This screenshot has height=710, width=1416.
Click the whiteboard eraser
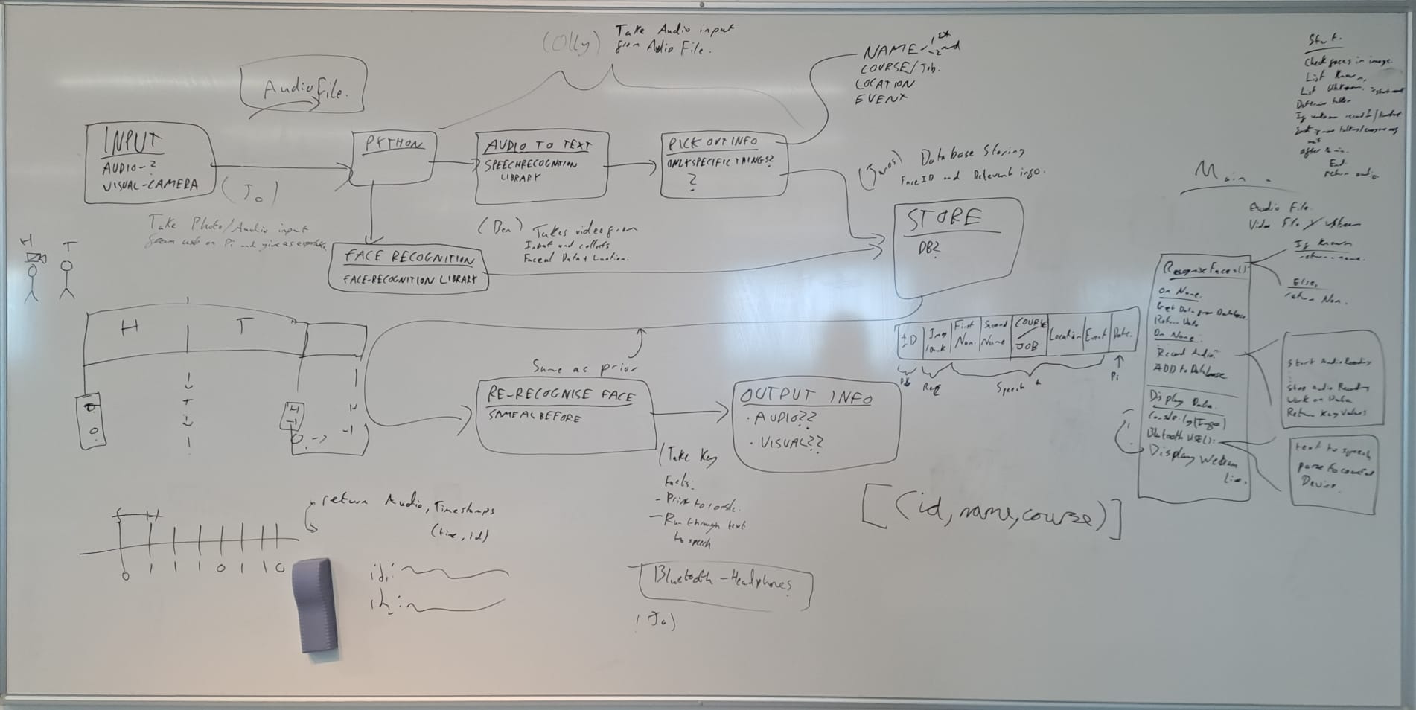315,604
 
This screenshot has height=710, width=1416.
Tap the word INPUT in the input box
133,141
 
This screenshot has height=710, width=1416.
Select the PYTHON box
393,157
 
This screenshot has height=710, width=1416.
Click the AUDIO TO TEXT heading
537,146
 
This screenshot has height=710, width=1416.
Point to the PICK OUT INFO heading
712,142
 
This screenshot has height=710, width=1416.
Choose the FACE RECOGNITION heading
408,258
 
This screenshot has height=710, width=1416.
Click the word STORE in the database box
943,219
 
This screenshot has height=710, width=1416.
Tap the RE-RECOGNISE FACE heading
560,395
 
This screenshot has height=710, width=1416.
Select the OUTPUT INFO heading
806,397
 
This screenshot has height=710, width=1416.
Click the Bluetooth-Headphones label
721,581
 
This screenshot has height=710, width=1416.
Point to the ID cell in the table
909,341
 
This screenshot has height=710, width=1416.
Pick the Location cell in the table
1065,336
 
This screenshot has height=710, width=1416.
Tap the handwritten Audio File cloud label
303,90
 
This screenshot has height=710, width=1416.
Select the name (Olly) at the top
570,44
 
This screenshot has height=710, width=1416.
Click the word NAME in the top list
890,51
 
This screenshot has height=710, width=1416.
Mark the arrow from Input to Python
283,167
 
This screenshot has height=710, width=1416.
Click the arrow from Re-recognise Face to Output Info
690,412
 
